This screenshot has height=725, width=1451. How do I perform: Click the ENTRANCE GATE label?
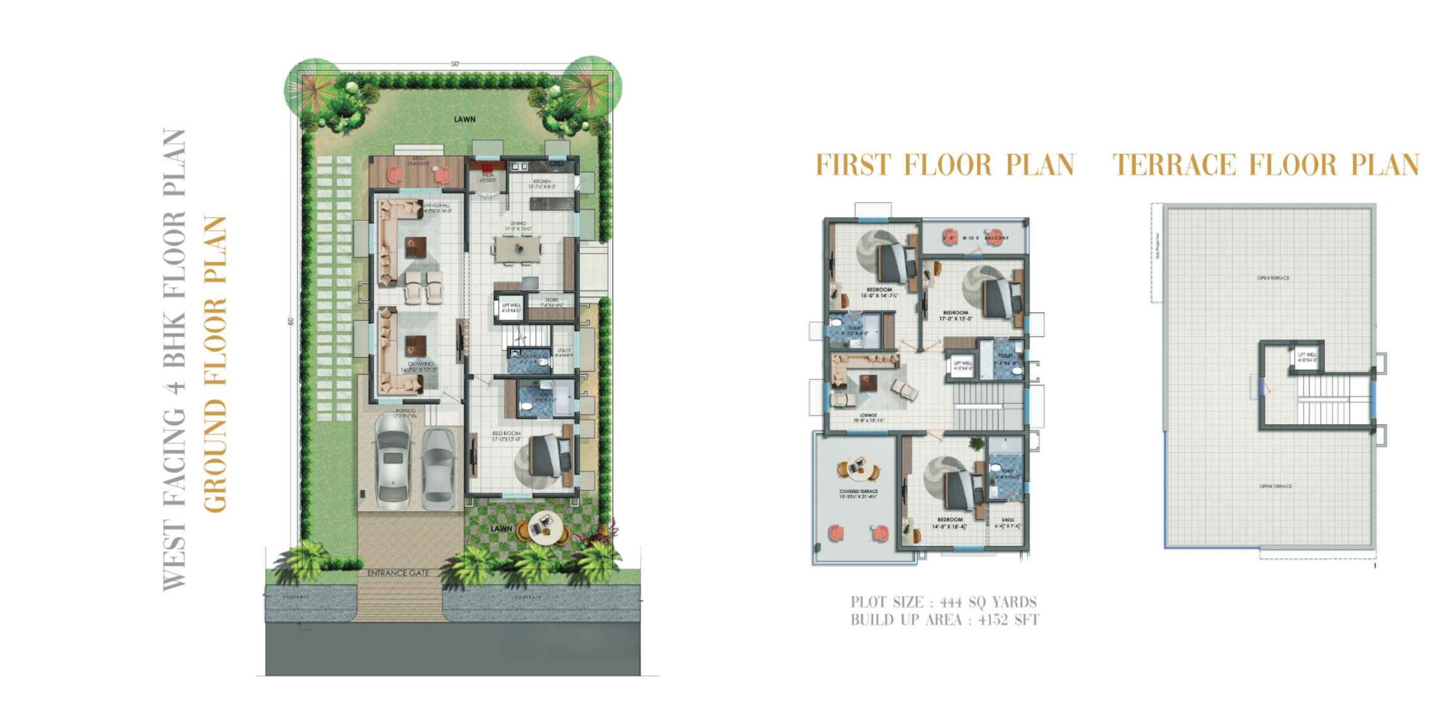coord(398,573)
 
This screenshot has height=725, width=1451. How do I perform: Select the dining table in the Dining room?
coord(517,249)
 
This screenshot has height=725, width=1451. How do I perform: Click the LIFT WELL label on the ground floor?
coord(511,306)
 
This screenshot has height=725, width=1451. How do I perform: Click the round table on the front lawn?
coord(544,527)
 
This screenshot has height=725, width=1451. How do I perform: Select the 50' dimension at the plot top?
coord(455,64)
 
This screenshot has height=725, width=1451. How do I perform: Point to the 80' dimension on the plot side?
coord(291,321)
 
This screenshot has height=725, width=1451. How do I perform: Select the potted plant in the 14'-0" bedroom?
coord(976,443)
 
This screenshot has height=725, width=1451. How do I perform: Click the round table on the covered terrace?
coord(858,468)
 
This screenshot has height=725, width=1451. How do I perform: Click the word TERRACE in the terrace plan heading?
coord(1173,165)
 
